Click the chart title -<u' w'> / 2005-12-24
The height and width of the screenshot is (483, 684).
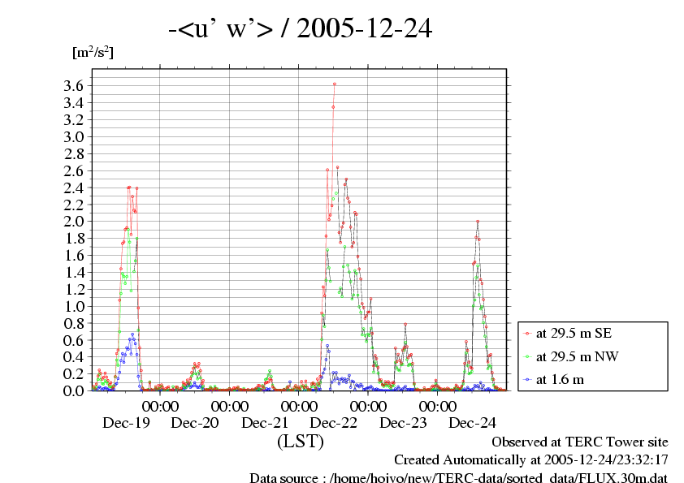pos(300,30)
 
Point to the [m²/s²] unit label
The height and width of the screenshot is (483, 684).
pos(93,53)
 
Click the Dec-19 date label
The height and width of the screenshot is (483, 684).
pos(127,423)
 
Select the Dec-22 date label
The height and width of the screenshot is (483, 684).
pos(334,423)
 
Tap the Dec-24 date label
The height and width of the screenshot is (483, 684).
pos(472,423)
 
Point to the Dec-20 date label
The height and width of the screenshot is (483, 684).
pos(196,423)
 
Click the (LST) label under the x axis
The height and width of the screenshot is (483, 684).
pos(300,442)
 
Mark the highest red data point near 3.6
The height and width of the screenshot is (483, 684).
pos(334,84)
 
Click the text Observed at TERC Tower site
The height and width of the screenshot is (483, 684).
pos(579,442)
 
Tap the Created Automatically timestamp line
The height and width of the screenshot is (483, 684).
pos(531,460)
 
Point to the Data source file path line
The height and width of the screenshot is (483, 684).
pos(458,478)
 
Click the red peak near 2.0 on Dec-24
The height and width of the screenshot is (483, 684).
pos(478,222)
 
